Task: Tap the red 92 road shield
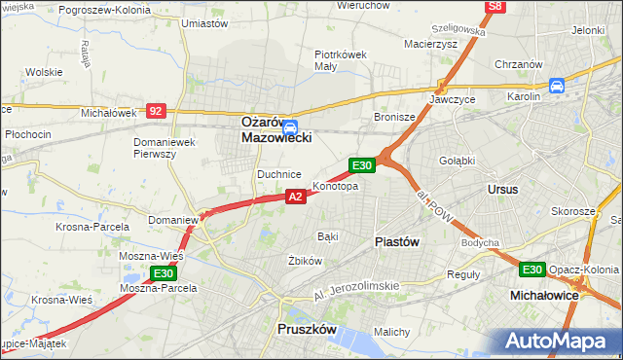(156, 112)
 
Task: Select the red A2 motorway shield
(297, 197)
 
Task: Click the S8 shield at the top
(496, 7)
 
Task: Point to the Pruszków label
(307, 330)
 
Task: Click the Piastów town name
(398, 241)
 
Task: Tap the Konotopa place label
(335, 186)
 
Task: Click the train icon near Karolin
(557, 86)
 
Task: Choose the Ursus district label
(503, 189)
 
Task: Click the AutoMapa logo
(562, 342)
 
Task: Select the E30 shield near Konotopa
(362, 166)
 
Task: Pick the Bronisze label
(395, 117)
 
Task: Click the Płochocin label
(27, 132)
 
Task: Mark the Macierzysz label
(429, 44)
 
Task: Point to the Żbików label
(305, 261)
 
